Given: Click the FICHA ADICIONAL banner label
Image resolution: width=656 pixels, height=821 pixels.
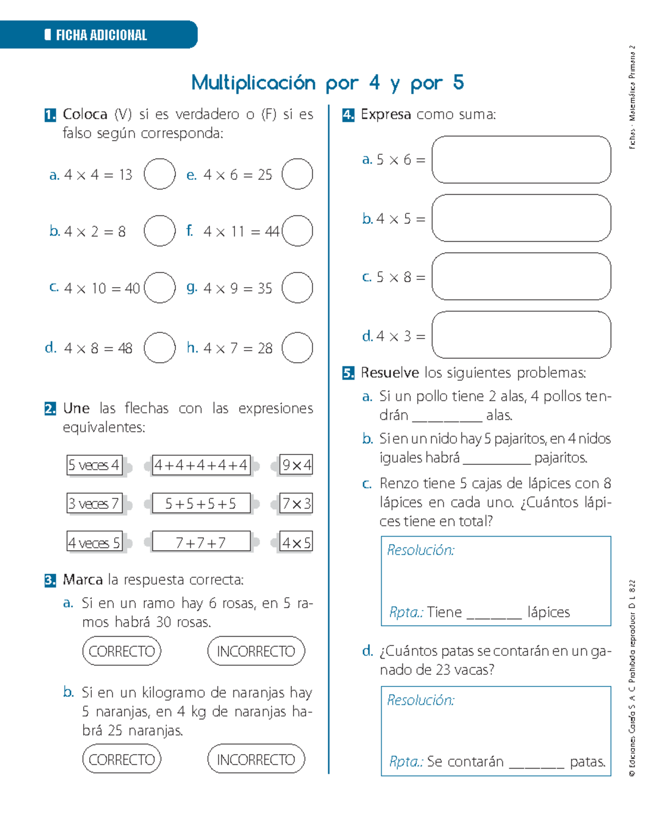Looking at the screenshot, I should pos(101,35).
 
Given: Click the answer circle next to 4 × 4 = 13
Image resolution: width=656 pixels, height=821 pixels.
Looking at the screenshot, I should pos(160,174).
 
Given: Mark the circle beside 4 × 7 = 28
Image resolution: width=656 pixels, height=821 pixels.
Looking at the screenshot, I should pos(297,348).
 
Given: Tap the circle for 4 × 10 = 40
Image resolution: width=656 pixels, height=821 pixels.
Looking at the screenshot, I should pos(160,288).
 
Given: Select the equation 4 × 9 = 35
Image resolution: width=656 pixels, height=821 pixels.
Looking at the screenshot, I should pos(237,288).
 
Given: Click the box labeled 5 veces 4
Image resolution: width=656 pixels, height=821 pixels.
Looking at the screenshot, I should pos(94,465).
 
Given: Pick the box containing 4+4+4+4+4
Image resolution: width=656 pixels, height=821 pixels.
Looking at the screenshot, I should pos(201,465).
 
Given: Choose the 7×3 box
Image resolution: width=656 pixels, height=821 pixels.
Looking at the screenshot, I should pos(296,503).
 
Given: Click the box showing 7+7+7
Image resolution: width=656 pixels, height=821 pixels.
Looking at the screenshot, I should pos(201,542).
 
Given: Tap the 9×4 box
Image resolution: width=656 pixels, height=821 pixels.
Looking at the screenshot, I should pos(296,465).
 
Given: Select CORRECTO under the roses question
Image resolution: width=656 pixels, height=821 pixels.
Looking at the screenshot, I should pos(122,651).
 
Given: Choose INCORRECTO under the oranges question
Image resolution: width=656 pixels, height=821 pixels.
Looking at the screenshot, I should pos(256,759).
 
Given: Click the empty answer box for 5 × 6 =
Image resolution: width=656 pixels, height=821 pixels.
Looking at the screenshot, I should pos(521,160).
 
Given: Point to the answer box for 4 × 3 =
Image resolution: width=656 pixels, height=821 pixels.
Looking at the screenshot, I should pos(521,335).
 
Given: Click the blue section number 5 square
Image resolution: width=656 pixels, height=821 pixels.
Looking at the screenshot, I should pos(348,374).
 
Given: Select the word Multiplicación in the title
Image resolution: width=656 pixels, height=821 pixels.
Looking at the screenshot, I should pos(253,83).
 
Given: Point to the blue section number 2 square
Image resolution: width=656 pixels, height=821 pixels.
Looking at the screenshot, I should pos(50,409).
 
